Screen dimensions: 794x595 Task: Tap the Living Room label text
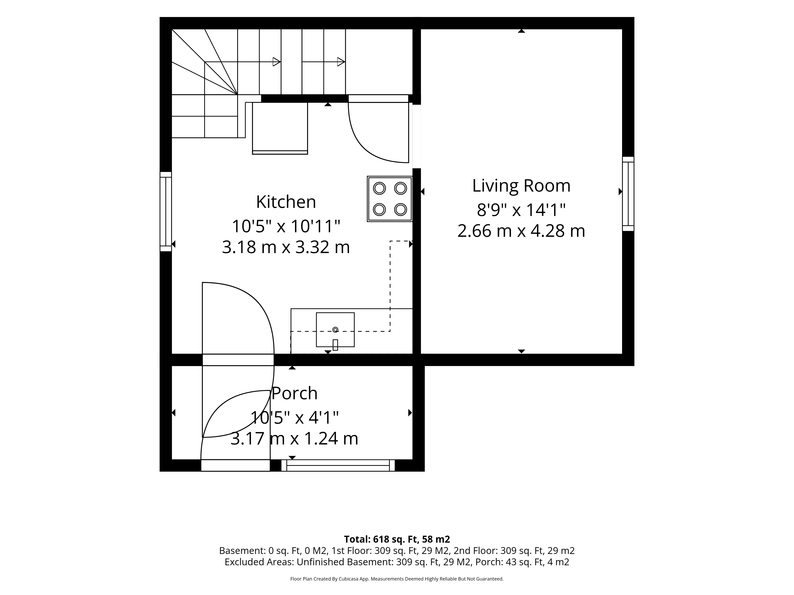(x=521, y=186)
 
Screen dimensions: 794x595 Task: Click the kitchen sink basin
(x=335, y=330)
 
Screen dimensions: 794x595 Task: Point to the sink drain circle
(x=335, y=330)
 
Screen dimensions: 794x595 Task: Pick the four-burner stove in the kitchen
(x=389, y=199)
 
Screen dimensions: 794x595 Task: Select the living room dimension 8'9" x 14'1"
(x=521, y=210)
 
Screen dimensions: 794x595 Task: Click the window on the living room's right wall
(x=628, y=194)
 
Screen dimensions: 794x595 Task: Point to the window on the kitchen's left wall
(x=166, y=212)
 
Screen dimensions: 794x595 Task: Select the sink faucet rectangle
(x=335, y=345)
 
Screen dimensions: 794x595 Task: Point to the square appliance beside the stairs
(x=280, y=128)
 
